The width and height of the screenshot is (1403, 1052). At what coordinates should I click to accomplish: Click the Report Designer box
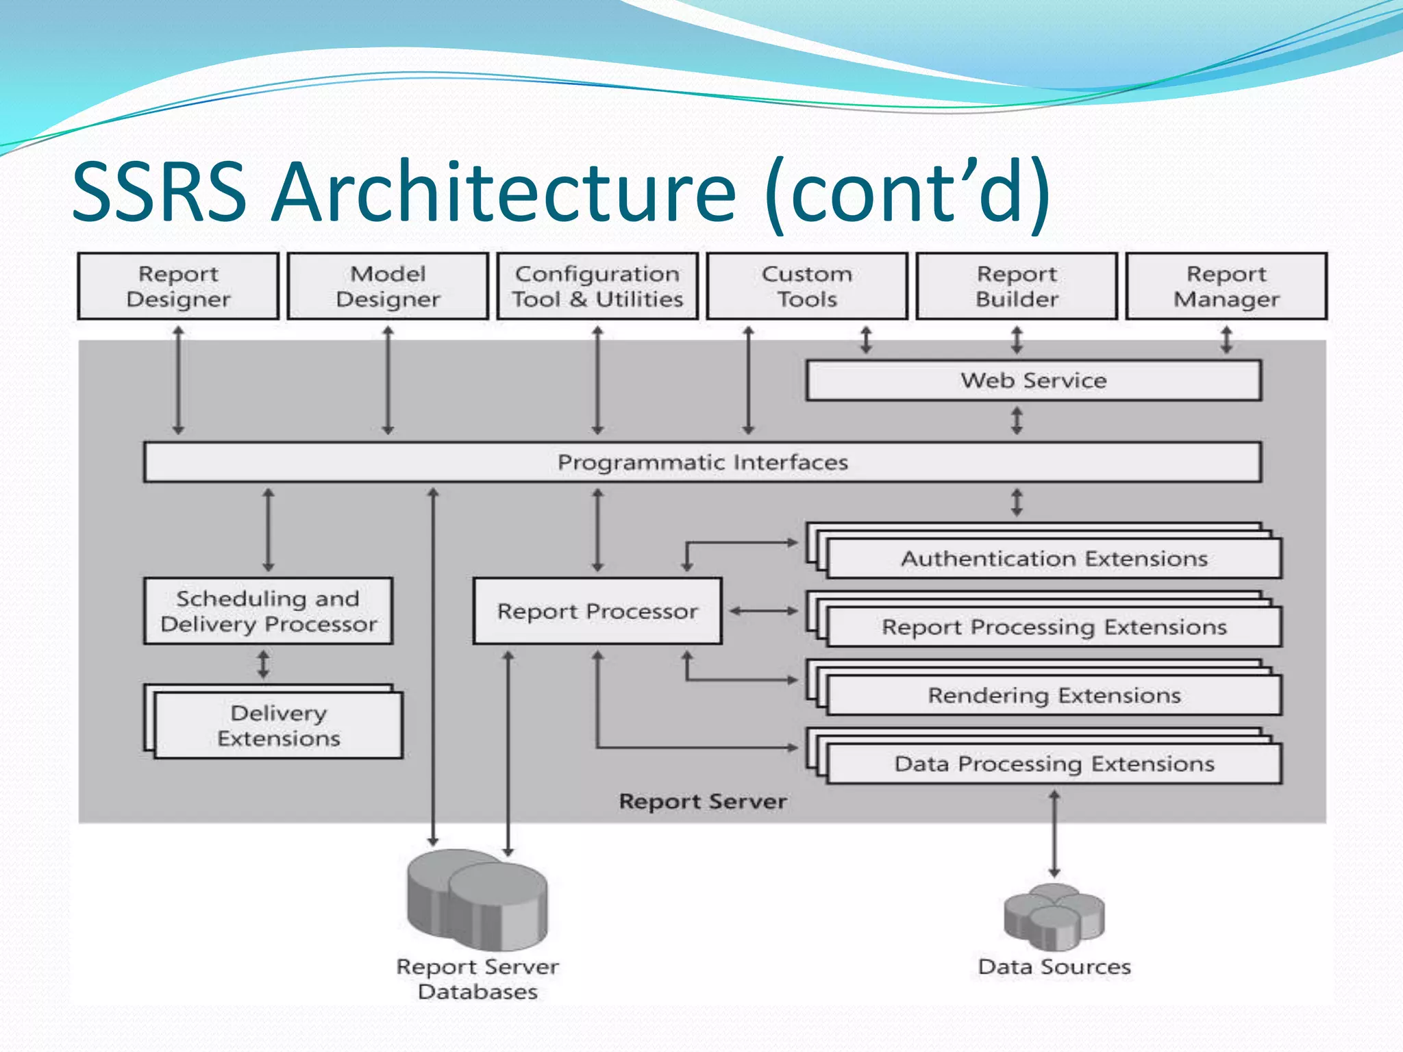178,286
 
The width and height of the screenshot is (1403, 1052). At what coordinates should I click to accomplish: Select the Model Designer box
388,286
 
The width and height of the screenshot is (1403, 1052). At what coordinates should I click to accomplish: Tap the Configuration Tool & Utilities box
597,286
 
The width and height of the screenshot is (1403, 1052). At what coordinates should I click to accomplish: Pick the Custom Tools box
807,286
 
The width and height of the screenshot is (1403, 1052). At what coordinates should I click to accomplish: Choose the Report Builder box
1017,286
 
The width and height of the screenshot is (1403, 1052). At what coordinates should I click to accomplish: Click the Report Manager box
1226,286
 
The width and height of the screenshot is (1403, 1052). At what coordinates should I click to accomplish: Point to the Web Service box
1033,381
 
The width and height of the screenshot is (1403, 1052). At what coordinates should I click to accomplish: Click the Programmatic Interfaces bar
702,462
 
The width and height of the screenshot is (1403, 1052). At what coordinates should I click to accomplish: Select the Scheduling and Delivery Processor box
268,611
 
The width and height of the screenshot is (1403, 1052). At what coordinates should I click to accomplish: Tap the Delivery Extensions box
278,725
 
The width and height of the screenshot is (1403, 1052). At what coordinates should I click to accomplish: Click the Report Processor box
597,611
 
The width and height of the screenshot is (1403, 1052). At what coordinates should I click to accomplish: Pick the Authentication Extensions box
1054,559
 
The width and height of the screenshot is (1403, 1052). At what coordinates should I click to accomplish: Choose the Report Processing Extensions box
1054,627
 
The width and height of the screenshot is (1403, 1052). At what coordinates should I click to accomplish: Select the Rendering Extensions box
1054,696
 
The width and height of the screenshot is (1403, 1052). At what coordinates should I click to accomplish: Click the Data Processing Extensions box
1054,764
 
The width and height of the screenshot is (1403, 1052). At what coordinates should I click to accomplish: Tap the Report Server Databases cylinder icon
477,901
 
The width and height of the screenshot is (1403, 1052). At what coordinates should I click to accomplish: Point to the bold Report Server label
702,801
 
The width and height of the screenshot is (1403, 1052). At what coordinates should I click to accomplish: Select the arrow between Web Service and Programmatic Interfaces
1017,421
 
